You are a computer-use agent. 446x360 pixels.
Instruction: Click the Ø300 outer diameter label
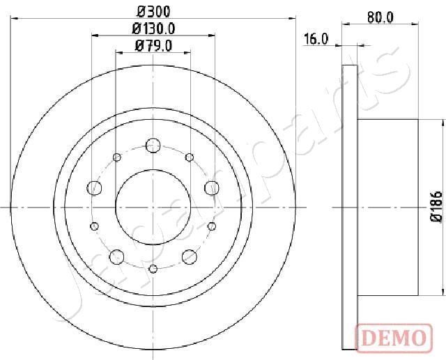(153, 11)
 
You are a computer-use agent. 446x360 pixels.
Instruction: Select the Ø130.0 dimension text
(153, 29)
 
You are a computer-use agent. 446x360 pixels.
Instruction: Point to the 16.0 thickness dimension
(316, 39)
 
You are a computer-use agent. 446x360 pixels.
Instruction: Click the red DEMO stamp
(392, 338)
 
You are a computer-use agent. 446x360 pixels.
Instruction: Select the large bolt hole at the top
(153, 146)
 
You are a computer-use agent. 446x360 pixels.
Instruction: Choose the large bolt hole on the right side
(211, 187)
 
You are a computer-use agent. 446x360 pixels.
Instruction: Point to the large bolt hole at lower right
(189, 256)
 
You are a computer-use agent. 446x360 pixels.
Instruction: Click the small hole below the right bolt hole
(210, 225)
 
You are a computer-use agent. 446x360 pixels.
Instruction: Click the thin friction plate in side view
(351, 206)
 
